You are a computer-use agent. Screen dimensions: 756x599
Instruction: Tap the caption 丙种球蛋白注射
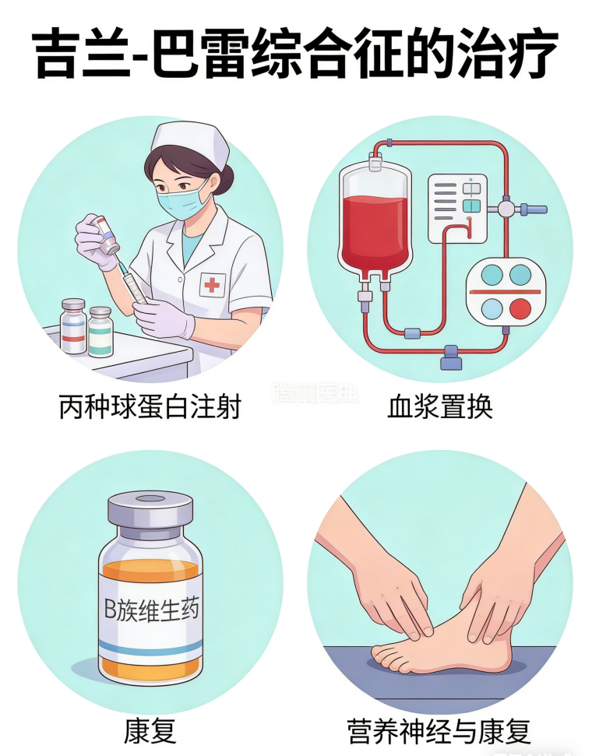150,406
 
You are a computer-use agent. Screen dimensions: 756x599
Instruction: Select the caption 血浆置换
440,406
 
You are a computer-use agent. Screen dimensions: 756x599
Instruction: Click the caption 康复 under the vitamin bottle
150,731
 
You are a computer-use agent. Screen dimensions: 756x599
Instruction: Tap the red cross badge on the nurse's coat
212,285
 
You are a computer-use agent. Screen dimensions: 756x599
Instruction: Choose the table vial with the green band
100,332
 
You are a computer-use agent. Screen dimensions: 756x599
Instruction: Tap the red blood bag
375,222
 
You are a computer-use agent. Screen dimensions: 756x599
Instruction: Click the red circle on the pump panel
520,309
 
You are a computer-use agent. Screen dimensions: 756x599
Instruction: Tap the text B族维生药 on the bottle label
151,608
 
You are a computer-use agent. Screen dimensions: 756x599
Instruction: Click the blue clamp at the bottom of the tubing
450,357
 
